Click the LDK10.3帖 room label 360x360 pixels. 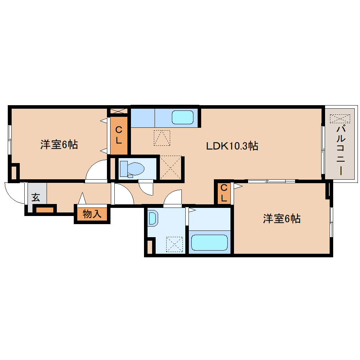click(232, 145)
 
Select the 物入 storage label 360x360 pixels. click(92, 214)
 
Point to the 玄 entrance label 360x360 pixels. click(36, 197)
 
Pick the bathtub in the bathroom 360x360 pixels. click(209, 242)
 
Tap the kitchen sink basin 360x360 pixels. click(182, 117)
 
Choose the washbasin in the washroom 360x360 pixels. click(153, 218)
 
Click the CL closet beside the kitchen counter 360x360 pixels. click(119, 136)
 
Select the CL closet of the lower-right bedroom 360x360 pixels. click(223, 193)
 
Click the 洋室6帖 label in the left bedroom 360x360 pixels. click(59, 145)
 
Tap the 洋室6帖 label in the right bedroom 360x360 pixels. click(281, 219)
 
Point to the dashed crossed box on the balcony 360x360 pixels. click(340, 119)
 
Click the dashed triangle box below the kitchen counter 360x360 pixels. click(162, 138)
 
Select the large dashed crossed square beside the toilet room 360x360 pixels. click(171, 168)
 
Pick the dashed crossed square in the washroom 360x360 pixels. click(175, 244)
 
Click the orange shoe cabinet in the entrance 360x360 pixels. click(45, 210)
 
